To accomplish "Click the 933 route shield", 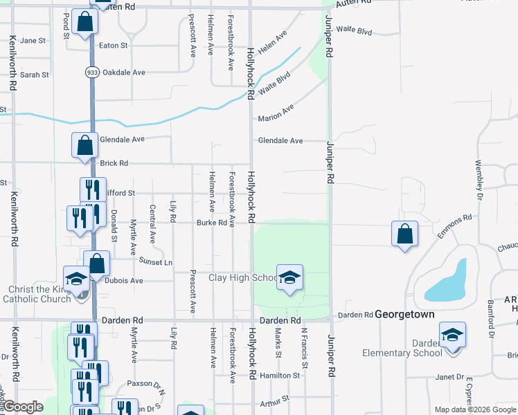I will coord(91,72).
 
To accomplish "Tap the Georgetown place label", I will coord(405,314).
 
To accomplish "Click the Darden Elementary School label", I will coord(402,348).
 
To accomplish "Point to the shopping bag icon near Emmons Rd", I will coord(404,234).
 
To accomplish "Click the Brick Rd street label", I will coord(114,164).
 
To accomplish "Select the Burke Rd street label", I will coord(211,223).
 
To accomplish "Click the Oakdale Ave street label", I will coord(129,72).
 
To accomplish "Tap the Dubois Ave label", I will coord(124,281).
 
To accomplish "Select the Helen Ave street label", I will coord(272,43).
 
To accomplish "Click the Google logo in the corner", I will coord(23,407).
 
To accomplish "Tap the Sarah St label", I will coord(34,75).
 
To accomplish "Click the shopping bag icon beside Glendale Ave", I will coord(84,145).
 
